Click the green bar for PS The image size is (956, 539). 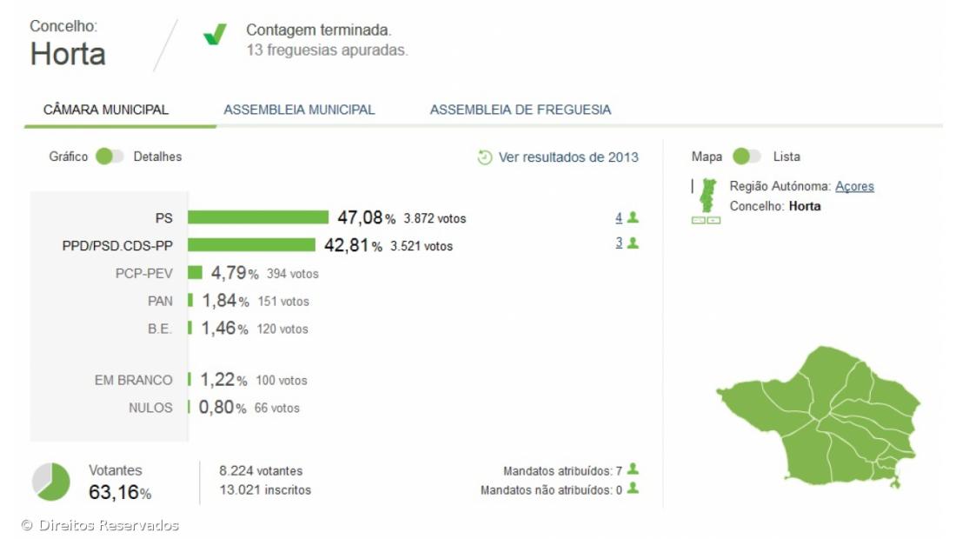click(258, 217)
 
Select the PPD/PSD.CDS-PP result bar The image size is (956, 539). click(251, 245)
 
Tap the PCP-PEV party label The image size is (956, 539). click(144, 273)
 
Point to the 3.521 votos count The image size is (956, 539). click(422, 246)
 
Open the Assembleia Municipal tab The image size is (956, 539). click(299, 110)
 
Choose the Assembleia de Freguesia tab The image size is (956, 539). click(520, 110)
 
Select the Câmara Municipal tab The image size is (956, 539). click(106, 110)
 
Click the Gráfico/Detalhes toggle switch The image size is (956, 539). click(110, 156)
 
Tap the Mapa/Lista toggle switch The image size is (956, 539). click(747, 156)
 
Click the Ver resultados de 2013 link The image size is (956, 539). click(558, 157)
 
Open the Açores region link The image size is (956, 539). click(854, 187)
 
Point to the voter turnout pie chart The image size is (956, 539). click(51, 482)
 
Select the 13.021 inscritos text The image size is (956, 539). click(265, 490)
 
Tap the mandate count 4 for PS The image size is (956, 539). click(619, 217)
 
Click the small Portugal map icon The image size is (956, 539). click(709, 196)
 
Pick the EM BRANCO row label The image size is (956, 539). click(133, 380)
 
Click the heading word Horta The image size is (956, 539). click(68, 54)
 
